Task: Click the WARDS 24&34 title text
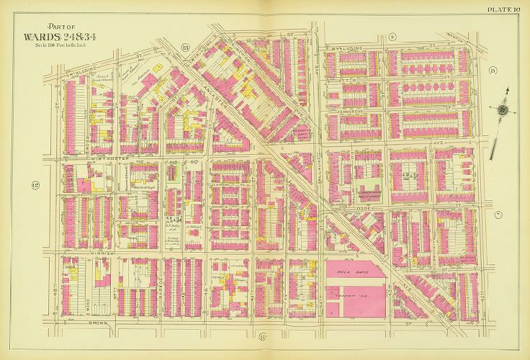[56, 36]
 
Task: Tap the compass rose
[503, 109]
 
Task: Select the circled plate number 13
[185, 48]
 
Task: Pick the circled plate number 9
[392, 36]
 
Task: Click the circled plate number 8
[492, 70]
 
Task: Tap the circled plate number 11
[263, 336]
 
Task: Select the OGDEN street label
[367, 207]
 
